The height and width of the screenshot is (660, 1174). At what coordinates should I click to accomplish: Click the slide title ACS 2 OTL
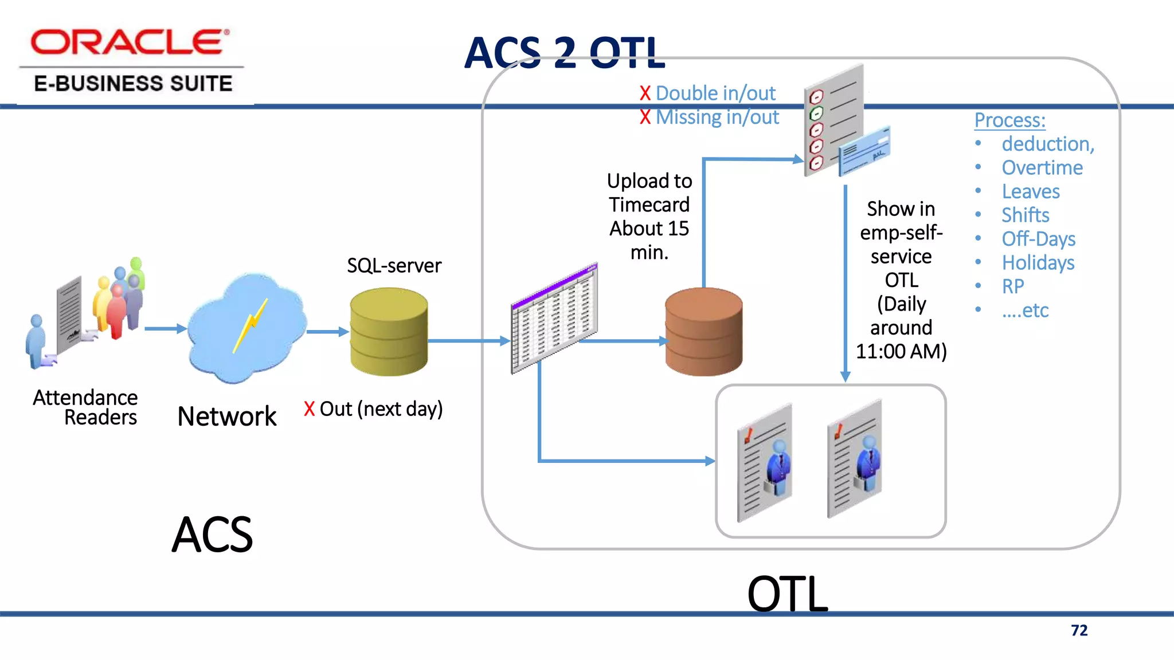(x=565, y=53)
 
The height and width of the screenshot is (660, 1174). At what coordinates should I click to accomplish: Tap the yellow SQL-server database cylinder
(x=389, y=332)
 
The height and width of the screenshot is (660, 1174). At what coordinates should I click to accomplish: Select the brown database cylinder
(x=703, y=332)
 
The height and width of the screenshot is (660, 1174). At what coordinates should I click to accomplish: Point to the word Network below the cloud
(x=227, y=416)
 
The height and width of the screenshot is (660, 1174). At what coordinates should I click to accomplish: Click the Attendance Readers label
(x=86, y=407)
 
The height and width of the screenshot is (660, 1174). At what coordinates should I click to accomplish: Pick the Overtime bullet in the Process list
(x=1042, y=167)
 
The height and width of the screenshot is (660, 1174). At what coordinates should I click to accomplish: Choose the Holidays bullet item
(x=1038, y=262)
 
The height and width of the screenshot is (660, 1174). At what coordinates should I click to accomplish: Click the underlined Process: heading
(x=1009, y=120)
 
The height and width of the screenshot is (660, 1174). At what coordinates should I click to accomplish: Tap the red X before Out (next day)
(x=310, y=409)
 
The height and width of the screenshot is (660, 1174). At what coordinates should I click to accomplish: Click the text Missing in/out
(x=717, y=117)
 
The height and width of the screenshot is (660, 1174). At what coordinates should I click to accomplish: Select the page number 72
(x=1079, y=630)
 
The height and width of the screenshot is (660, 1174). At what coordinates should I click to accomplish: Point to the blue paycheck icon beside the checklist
(x=864, y=151)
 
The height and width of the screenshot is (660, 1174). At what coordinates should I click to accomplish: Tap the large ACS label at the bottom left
(x=212, y=535)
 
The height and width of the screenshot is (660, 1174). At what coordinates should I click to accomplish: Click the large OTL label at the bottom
(x=788, y=594)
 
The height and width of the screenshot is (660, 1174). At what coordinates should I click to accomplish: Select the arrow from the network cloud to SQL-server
(x=327, y=332)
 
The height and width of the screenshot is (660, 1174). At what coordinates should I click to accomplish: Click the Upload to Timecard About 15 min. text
(x=649, y=217)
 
